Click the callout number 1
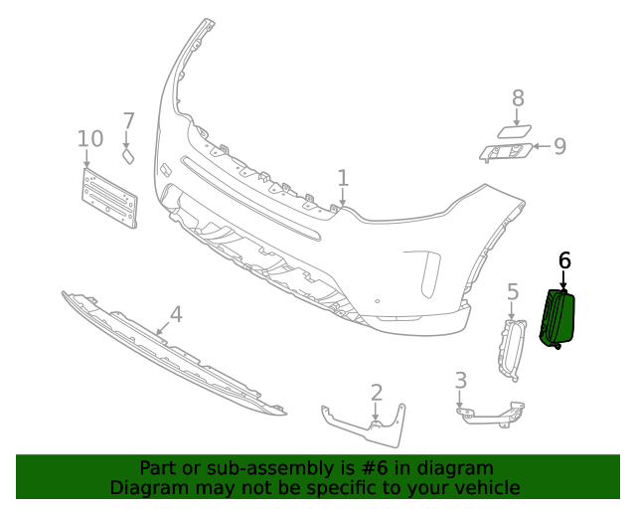tap(343, 178)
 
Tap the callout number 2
tap(377, 392)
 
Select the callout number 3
tap(460, 380)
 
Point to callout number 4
tap(176, 315)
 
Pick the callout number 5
tap(513, 291)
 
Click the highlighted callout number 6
tap(564, 260)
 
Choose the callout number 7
tap(128, 121)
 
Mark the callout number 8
tap(518, 97)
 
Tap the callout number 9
tap(560, 147)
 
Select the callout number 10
tap(89, 137)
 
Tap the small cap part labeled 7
tap(127, 155)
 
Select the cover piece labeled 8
tap(514, 130)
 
